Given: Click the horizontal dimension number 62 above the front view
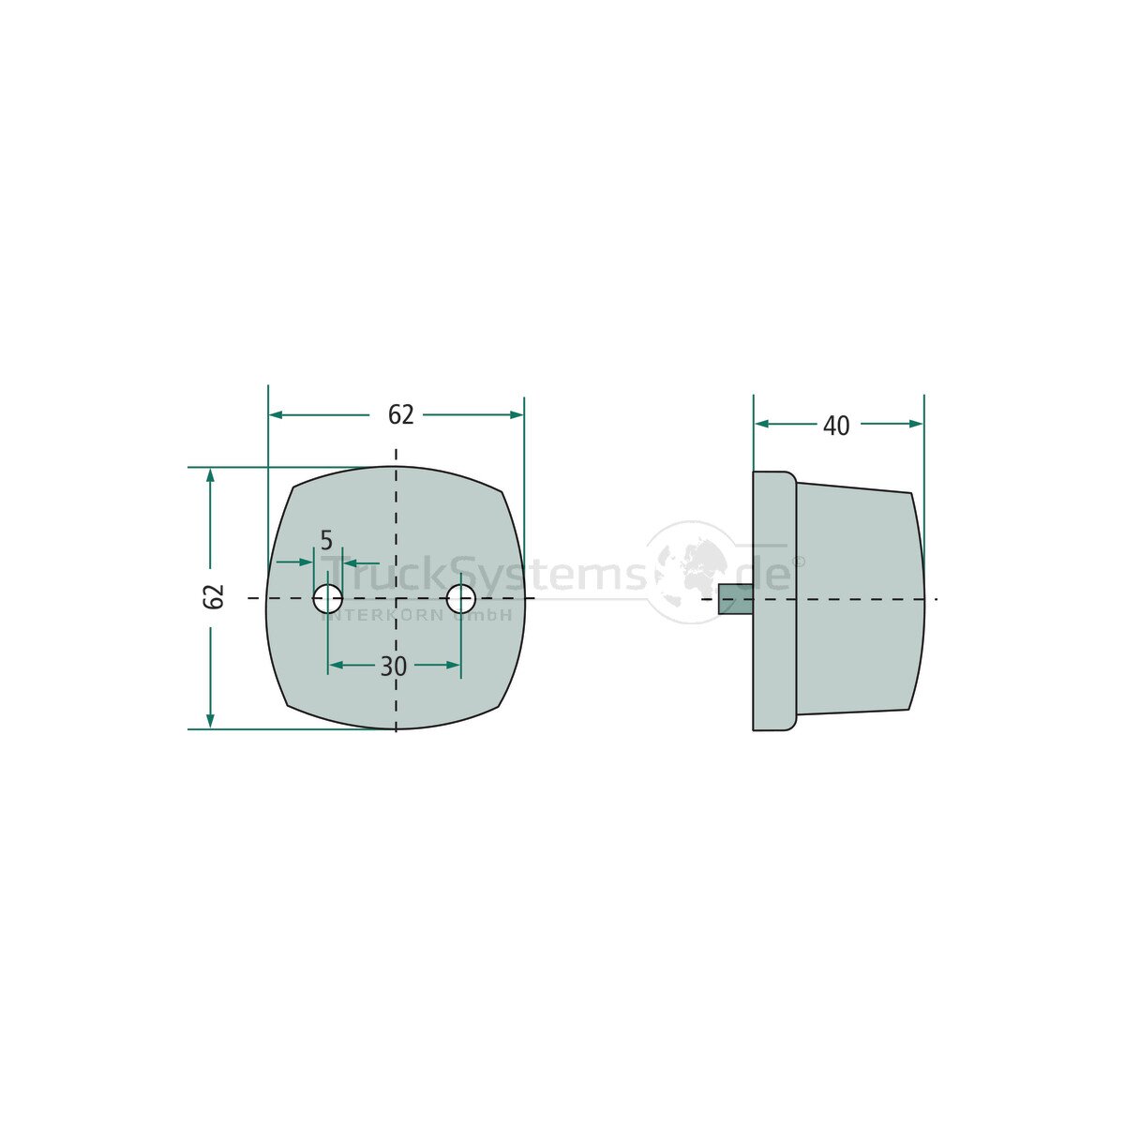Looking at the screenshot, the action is pos(400,414).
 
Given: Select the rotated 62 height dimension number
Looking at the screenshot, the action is pos(214,596).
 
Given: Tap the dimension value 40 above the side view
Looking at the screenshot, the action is pos(836,427).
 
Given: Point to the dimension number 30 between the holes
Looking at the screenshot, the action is pos(394,667).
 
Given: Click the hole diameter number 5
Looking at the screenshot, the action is pos(326,541).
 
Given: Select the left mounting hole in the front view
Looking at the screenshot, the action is pos(327,598).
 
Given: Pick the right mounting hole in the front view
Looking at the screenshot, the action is pos(461,598).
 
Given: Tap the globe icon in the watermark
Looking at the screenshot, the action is pos(690,572).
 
